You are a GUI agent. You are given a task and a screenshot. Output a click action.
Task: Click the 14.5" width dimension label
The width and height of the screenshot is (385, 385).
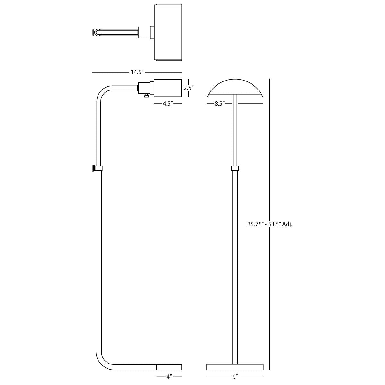click(137, 72)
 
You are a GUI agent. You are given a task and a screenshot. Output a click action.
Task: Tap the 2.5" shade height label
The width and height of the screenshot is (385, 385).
click(189, 88)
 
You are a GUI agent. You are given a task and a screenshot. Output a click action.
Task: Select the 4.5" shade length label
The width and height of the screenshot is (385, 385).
click(167, 104)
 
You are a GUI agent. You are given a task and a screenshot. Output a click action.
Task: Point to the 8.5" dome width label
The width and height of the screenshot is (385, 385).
click(220, 104)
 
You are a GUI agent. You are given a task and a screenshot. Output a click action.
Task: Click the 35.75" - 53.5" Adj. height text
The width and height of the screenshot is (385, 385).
click(270, 224)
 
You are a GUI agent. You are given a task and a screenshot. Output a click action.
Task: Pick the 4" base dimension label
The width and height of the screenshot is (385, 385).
click(169, 377)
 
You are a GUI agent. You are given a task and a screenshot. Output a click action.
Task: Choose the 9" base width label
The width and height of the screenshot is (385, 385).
click(235, 377)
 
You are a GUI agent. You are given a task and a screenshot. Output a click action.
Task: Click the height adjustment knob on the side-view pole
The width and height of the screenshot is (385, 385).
click(93, 168)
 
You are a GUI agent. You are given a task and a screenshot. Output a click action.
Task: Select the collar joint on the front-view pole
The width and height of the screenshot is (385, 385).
click(235, 168)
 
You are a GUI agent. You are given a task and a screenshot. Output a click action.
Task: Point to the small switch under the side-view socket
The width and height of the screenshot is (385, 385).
click(146, 96)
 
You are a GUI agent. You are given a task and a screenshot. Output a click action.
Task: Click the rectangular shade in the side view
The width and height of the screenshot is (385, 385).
click(167, 88)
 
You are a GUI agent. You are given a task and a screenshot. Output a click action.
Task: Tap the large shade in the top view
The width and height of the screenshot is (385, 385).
click(168, 32)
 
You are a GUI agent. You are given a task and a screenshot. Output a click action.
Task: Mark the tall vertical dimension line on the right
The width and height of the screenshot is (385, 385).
click(270, 224)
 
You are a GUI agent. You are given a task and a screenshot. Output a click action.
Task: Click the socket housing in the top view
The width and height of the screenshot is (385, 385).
click(144, 32)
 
